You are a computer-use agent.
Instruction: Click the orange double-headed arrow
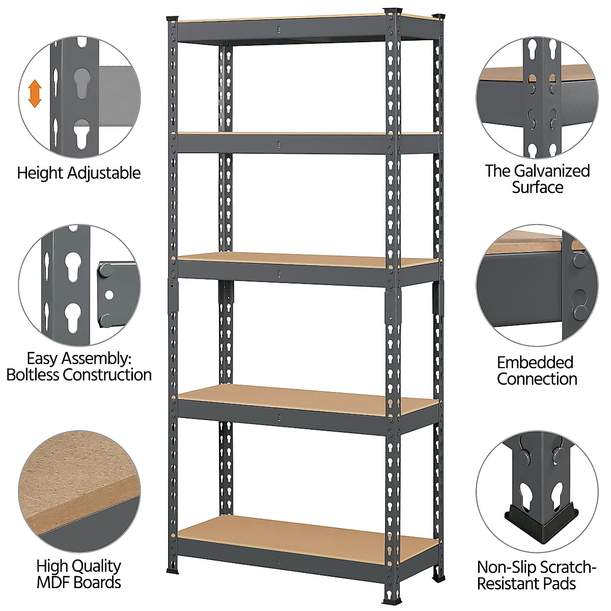(35, 93)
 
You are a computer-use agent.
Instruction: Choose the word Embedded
(535, 363)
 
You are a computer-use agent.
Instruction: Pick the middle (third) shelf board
(305, 260)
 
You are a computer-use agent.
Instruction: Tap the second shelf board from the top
(305, 134)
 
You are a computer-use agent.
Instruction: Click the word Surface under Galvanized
(537, 187)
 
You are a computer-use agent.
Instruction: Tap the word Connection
(537, 379)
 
